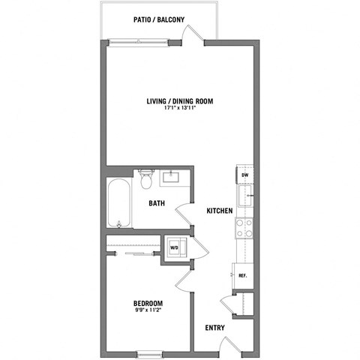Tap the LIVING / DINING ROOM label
pyautogui.click(x=180, y=101)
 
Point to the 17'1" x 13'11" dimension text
pyautogui.click(x=180, y=109)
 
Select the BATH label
pyautogui.click(x=156, y=203)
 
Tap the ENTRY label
pyautogui.click(x=216, y=328)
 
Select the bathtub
pyautogui.click(x=118, y=202)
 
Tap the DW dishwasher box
pyautogui.click(x=244, y=175)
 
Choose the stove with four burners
pyautogui.click(x=244, y=228)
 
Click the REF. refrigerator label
pyautogui.click(x=243, y=275)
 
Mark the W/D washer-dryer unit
pyautogui.click(x=174, y=247)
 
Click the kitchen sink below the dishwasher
pyautogui.click(x=244, y=198)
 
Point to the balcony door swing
pyautogui.click(x=193, y=36)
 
